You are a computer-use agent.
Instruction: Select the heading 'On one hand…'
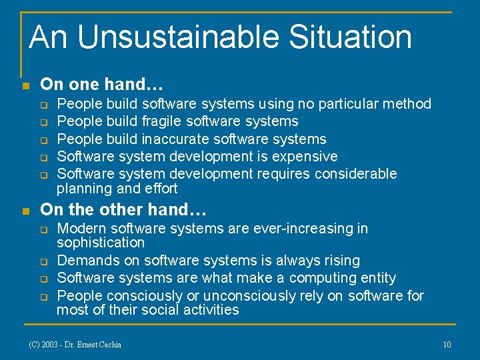(x=102, y=85)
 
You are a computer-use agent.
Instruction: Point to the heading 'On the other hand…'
(x=123, y=209)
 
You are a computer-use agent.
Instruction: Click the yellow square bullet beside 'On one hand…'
(x=25, y=86)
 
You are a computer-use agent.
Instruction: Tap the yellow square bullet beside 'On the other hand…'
(x=25, y=211)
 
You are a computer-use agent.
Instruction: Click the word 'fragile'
(x=162, y=121)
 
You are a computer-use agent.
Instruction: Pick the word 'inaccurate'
(x=174, y=139)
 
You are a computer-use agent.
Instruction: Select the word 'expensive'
(x=306, y=156)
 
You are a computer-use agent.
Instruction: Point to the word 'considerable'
(x=354, y=173)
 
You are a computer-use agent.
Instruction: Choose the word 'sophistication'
(x=101, y=243)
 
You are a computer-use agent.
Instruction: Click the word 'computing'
(x=314, y=278)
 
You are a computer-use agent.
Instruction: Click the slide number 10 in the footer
(x=447, y=344)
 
